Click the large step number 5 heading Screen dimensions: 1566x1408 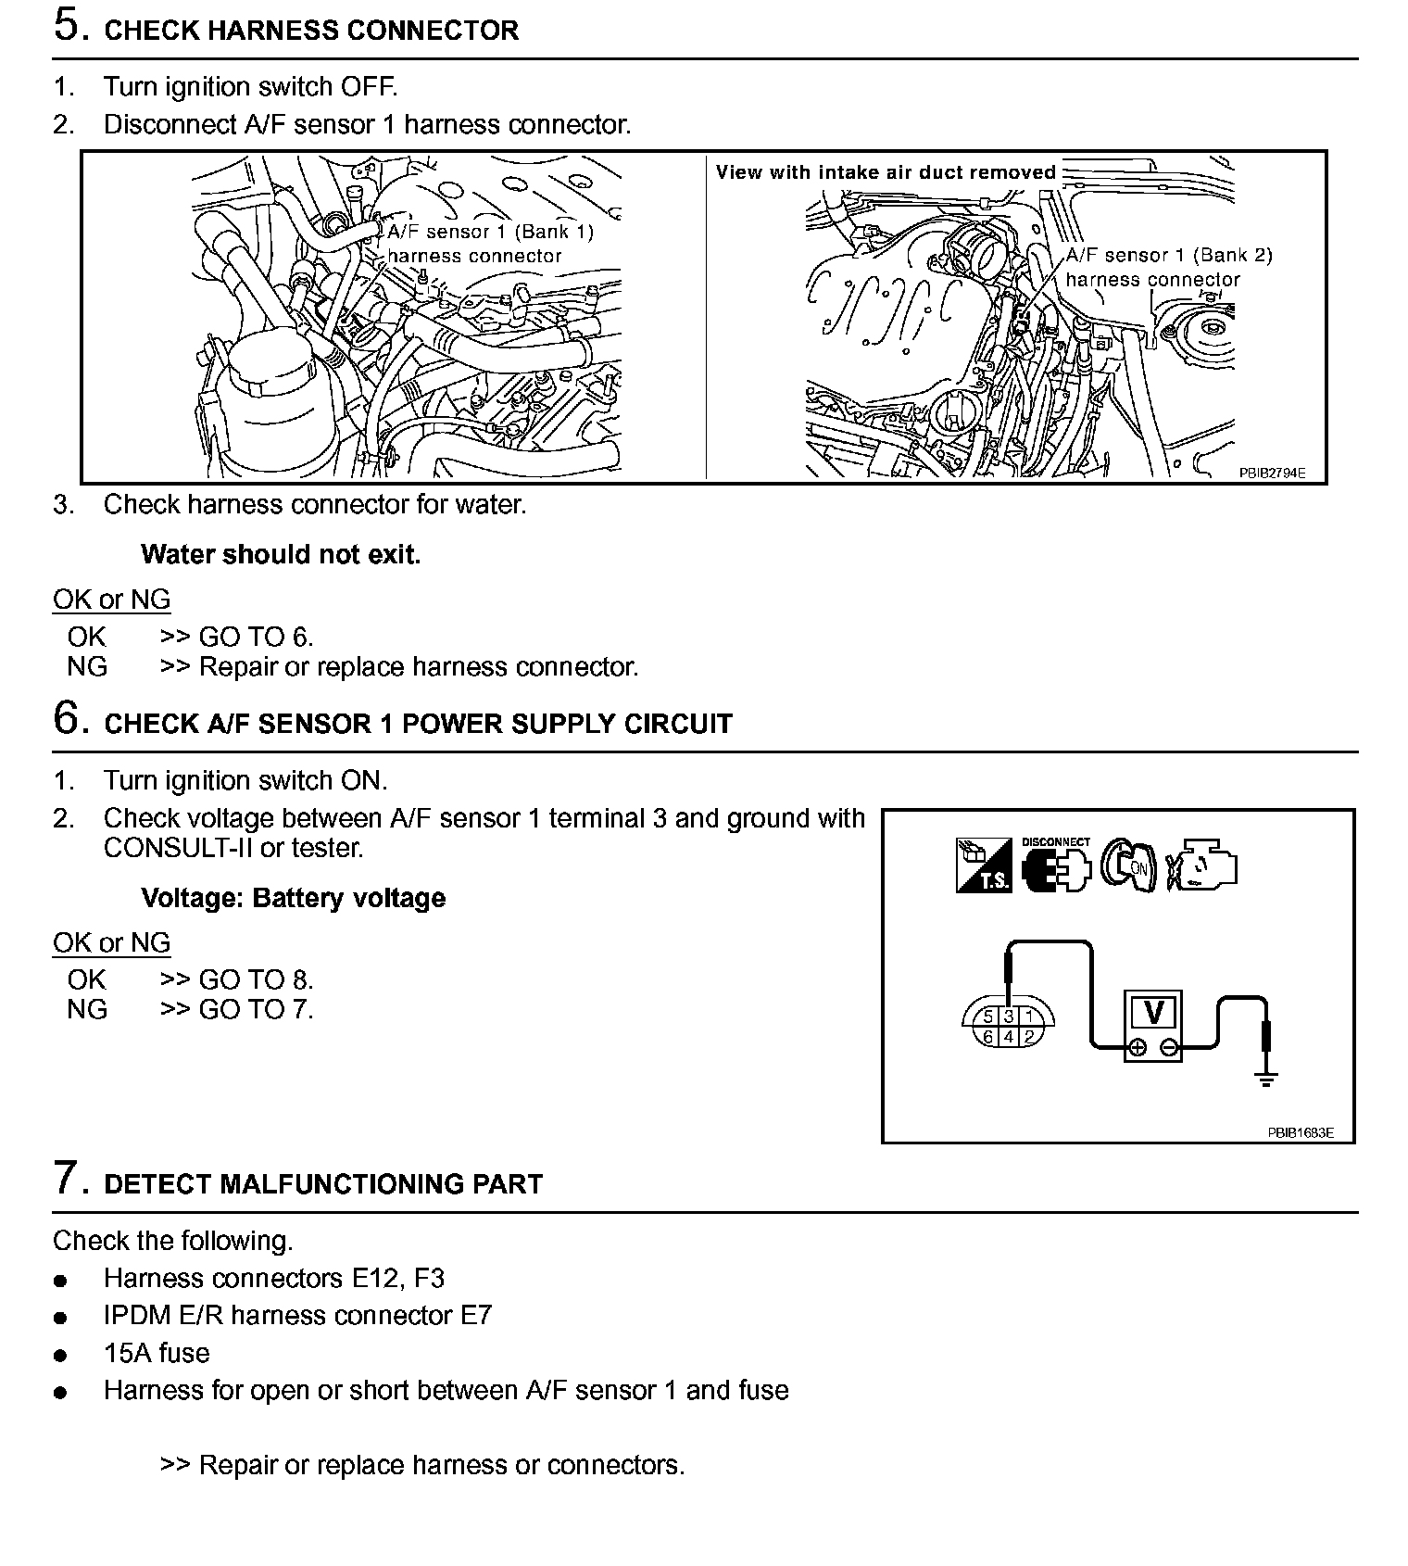[70, 26]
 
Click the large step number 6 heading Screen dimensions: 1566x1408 [70, 718]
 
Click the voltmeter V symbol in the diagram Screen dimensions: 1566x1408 [1153, 1012]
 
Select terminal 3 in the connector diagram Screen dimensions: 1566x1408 [1009, 1017]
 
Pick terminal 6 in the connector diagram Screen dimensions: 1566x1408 [988, 1037]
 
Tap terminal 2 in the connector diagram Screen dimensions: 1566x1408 [1029, 1037]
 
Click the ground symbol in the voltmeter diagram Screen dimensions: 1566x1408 [1266, 1078]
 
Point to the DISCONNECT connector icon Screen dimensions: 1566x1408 [1055, 866]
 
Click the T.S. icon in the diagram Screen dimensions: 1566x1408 [983, 865]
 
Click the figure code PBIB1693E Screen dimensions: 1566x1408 [1301, 1132]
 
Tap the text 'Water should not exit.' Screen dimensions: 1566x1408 [281, 555]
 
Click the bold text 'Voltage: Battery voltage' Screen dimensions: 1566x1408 [293, 898]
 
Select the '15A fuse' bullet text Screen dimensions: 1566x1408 [157, 1353]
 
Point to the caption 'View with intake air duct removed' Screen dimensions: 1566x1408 [886, 172]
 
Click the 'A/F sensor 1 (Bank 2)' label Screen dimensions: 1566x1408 [1169, 256]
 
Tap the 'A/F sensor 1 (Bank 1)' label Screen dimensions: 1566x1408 [490, 232]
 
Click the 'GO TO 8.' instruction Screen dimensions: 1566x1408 [257, 979]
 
